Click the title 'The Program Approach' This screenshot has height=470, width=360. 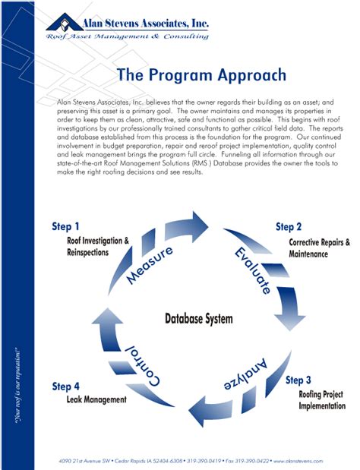[201, 76]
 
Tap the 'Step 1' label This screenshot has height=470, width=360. [65, 226]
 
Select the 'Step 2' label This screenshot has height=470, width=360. [289, 226]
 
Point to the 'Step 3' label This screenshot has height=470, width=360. [298, 380]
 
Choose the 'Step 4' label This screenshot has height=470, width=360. [65, 386]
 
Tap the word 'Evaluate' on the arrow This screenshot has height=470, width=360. [252, 270]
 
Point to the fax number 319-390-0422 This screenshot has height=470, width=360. [256, 461]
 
